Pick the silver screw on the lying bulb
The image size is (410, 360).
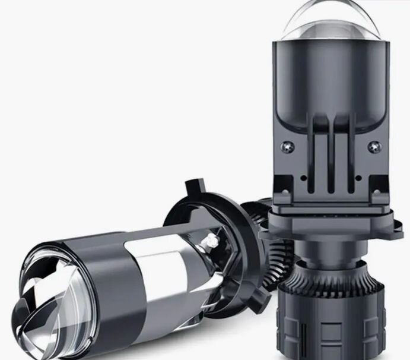point(209,240)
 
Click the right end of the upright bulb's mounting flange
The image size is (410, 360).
point(396,229)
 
